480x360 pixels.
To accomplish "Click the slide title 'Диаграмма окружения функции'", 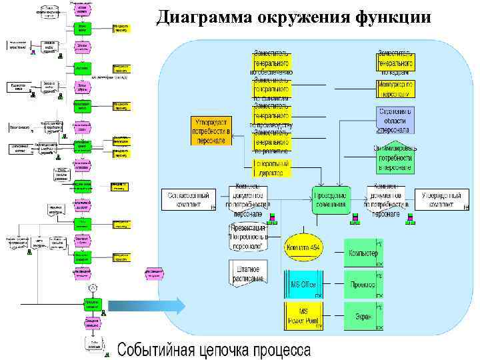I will click(293, 17).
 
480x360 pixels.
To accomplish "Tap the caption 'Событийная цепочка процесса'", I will click(214, 349).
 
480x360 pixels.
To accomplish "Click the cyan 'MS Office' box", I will click(303, 284).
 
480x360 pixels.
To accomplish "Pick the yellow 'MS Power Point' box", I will click(303, 315).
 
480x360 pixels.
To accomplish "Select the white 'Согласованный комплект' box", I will click(188, 199).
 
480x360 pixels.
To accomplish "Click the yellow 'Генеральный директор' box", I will click(272, 167).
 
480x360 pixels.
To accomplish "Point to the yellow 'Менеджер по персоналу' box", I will click(395, 89).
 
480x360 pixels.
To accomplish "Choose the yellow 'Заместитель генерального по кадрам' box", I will click(395, 61).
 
